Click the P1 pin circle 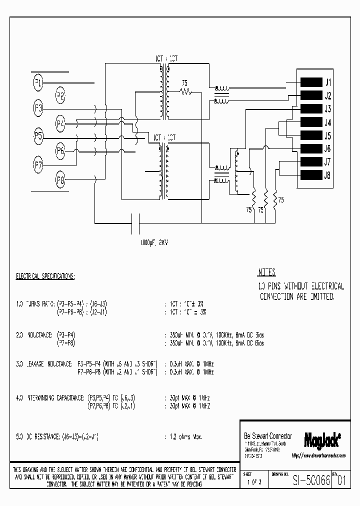pos(38,82)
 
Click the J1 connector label pos(328,82)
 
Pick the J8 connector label pos(328,175)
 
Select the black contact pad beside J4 pos(310,122)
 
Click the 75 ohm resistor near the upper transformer pos(186,91)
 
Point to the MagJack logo pos(322,439)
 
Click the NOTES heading pos(266,273)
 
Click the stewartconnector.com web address pos(319,455)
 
